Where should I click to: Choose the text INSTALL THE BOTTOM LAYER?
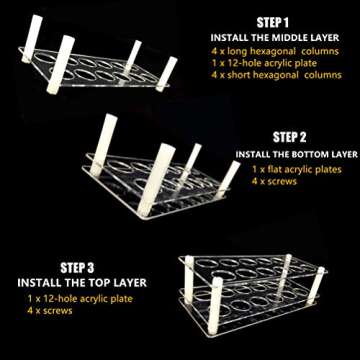point(296,154)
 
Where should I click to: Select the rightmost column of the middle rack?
point(229,176)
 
